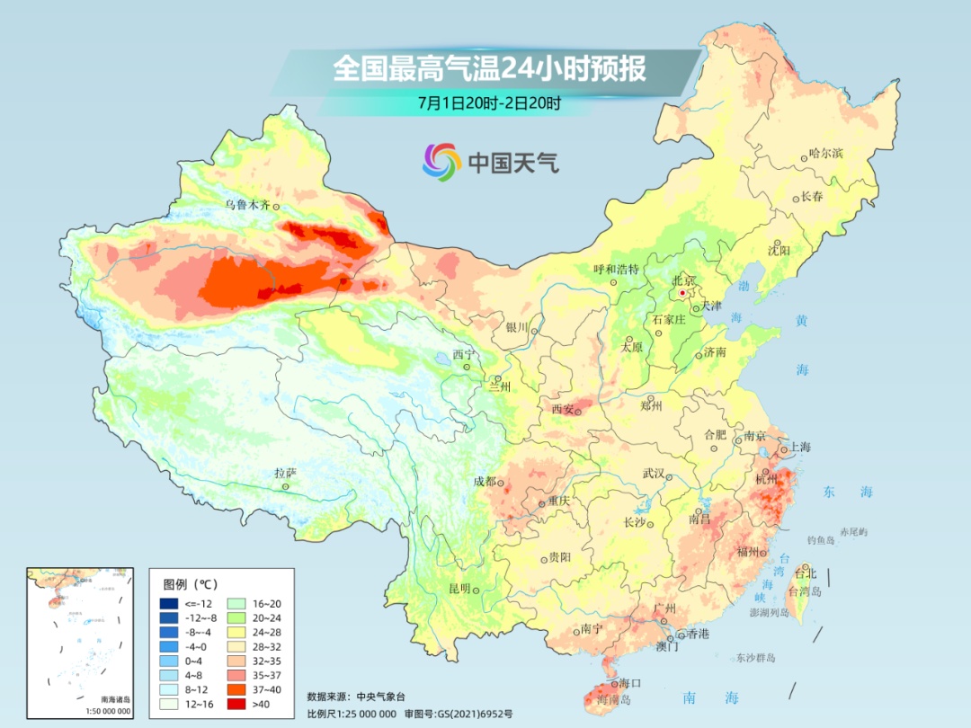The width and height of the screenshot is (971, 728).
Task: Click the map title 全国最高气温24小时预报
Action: pos(489,69)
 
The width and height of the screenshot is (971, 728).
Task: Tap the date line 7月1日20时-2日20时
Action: pos(489,102)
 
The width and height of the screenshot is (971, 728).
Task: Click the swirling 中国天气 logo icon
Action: pos(441,162)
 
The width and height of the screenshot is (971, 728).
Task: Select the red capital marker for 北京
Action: pos(683,293)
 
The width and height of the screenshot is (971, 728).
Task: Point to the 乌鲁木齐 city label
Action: pos(247,205)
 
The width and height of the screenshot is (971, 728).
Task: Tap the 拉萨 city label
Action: pos(285,473)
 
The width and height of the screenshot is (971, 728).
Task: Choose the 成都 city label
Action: pos(485,481)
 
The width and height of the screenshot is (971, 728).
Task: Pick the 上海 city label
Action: pos(800,448)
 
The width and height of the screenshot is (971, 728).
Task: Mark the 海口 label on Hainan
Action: pos(630,683)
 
